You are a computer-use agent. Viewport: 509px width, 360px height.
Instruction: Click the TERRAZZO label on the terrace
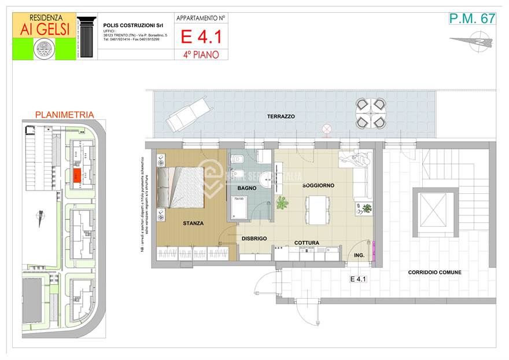tap(281, 116)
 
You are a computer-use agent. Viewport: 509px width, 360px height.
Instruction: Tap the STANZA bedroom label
tap(193, 222)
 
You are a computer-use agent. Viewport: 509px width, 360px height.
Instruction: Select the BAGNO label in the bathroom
tap(246, 188)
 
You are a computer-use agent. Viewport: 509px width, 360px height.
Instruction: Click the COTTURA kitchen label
tap(307, 243)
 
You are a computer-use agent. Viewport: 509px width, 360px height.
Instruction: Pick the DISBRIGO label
tap(254, 238)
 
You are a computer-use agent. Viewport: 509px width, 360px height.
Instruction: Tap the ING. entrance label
tap(359, 255)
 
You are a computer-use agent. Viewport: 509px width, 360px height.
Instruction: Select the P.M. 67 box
tap(472, 18)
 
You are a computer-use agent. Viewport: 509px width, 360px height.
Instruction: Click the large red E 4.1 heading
tap(201, 36)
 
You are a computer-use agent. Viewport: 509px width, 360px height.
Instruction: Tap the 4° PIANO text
tap(201, 55)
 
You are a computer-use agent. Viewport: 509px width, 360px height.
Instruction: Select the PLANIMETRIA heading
tap(64, 115)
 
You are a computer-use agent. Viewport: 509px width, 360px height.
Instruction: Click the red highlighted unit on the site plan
tap(76, 174)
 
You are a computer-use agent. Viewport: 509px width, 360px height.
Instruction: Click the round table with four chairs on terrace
tap(370, 113)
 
